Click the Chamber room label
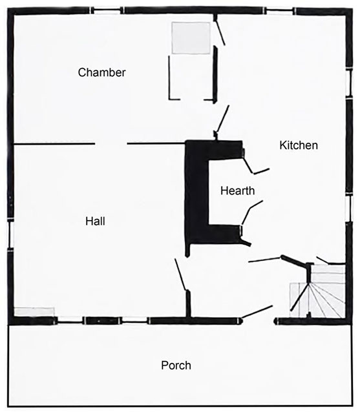pyautogui.click(x=101, y=72)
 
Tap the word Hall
pyautogui.click(x=95, y=221)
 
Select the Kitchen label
pyautogui.click(x=299, y=145)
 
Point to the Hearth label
pyautogui.click(x=237, y=191)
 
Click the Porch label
pyautogui.click(x=176, y=366)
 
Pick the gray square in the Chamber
pyautogui.click(x=191, y=38)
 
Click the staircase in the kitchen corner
pyautogui.click(x=317, y=291)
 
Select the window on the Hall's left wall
pyautogui.click(x=10, y=234)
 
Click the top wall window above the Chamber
pyautogui.click(x=106, y=11)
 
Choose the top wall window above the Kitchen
pyautogui.click(x=279, y=11)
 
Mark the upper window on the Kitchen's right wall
pyautogui.click(x=349, y=83)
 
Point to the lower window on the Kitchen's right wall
pyautogui.click(x=349, y=208)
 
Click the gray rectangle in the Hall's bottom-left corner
pyautogui.click(x=34, y=312)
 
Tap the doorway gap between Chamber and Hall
pyautogui.click(x=111, y=144)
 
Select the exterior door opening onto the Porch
pyautogui.click(x=258, y=321)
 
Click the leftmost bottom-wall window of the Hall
pyautogui.click(x=70, y=320)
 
